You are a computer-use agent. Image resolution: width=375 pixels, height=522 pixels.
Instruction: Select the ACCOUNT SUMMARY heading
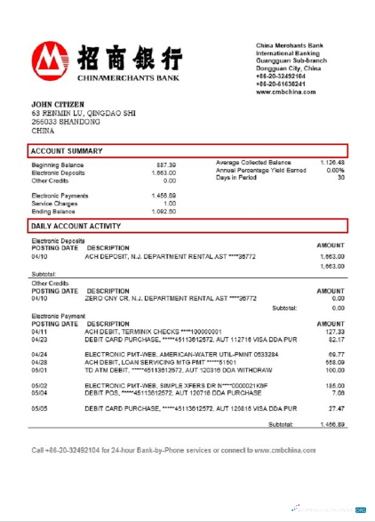(67, 150)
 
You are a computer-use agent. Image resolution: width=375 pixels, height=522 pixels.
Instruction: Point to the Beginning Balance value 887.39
(166, 165)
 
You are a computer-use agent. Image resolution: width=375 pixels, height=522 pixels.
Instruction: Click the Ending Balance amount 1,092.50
(164, 212)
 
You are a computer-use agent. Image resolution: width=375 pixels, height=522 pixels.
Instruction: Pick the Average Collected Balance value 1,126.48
(331, 164)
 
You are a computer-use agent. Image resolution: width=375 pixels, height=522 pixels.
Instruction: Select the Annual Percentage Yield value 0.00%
(335, 171)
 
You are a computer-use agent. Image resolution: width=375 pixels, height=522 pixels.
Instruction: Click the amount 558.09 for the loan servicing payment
(334, 362)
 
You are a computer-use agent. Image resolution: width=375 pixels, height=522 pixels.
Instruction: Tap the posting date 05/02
(39, 384)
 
